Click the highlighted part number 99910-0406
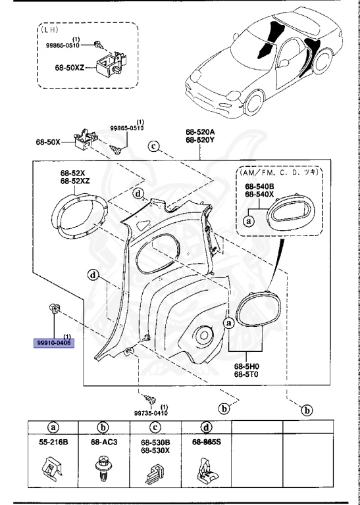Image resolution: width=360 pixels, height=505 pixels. tap(55, 343)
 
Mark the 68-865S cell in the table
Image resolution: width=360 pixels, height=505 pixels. tap(206, 443)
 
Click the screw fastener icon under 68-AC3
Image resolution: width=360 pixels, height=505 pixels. tap(103, 467)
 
